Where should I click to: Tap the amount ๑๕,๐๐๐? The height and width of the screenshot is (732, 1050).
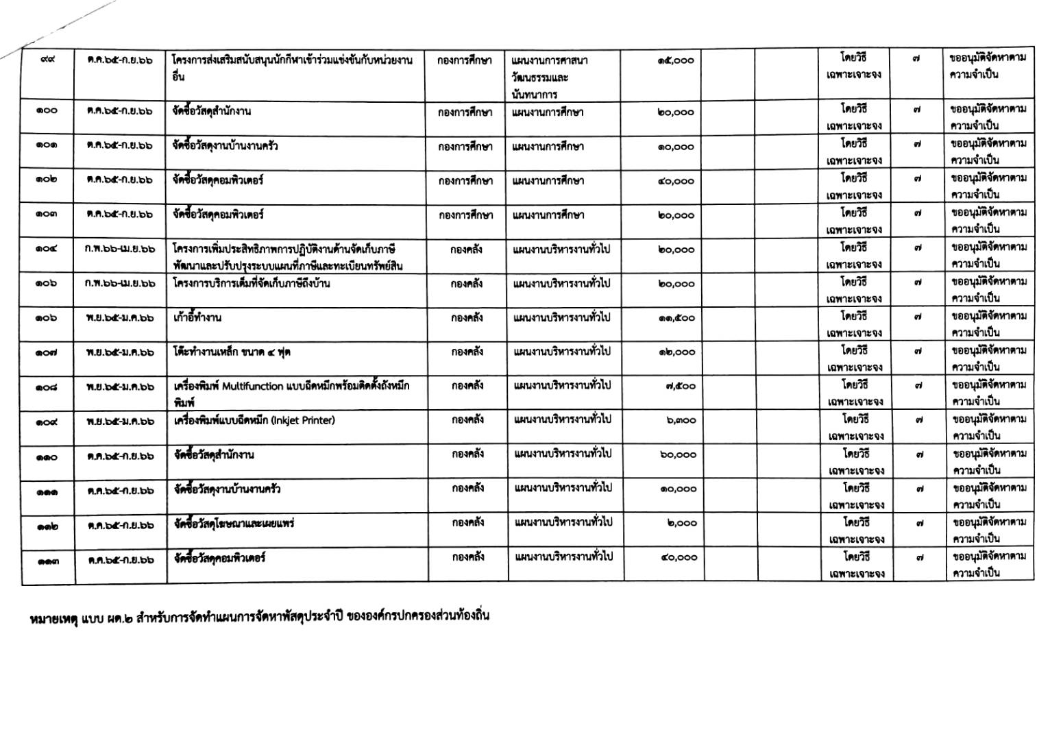675,61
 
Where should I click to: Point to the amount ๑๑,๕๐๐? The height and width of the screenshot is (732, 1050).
676,318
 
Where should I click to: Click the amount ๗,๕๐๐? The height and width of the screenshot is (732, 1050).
680,387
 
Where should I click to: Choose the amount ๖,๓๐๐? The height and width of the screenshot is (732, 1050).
680,421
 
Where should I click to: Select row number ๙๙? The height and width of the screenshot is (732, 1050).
47,60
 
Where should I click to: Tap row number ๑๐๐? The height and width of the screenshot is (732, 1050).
47,111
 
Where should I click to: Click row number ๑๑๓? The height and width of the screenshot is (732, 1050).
48,560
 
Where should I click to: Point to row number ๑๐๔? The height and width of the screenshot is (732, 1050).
47,249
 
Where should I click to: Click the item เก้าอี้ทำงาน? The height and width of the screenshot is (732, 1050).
198,318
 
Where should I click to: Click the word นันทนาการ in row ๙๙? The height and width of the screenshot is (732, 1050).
535,94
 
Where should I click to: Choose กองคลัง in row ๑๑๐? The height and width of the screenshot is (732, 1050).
468,454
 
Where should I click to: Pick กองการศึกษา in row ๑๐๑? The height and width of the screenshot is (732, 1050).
465,146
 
